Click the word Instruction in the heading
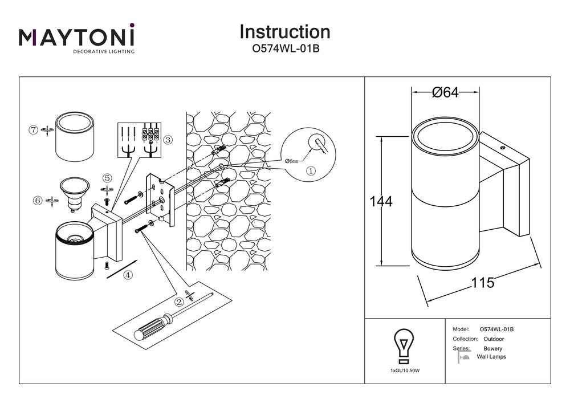click(x=284, y=32)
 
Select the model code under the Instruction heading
click(x=285, y=49)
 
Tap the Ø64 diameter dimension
click(x=446, y=93)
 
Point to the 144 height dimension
click(x=381, y=202)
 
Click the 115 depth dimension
click(x=482, y=282)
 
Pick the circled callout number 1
click(x=311, y=170)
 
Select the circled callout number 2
click(x=179, y=302)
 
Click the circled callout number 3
click(x=168, y=139)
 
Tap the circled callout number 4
click(x=128, y=275)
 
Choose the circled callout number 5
click(x=107, y=178)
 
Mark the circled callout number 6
click(x=38, y=200)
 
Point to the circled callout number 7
click(x=34, y=130)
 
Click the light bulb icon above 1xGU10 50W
click(x=404, y=345)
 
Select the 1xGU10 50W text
click(x=405, y=371)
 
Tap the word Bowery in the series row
click(x=492, y=348)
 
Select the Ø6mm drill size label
click(x=292, y=161)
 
